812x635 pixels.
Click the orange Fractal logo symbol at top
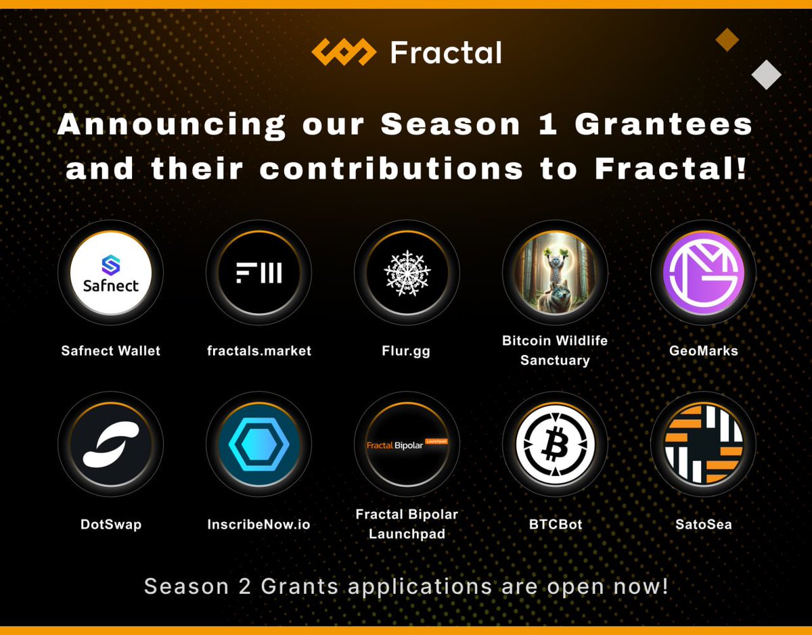343,53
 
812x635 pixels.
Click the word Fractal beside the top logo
446,53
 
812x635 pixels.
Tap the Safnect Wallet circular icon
110,273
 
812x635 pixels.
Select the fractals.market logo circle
258,273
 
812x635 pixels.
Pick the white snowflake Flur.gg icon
407,273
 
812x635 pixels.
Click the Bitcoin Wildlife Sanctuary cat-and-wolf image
555,273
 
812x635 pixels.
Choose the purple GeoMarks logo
703,273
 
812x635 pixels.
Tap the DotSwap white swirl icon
110,444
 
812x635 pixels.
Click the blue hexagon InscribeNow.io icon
258,444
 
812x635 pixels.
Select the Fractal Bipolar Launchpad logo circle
407,444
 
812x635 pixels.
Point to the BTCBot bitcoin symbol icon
555,444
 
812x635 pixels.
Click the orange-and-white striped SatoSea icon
703,444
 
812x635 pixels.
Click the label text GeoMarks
703,350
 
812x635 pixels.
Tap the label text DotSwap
110,524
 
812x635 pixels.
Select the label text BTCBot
555,524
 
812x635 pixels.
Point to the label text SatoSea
703,524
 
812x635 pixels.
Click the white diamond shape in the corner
767,74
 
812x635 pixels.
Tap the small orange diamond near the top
727,40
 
